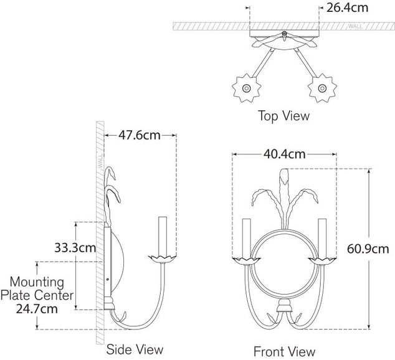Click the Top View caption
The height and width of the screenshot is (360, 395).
(283, 116)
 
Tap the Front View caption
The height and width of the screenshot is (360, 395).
(284, 351)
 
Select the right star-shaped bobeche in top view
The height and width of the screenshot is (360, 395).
(323, 89)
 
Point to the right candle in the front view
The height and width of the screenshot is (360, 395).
(323, 237)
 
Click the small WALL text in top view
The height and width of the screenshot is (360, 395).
(355, 26)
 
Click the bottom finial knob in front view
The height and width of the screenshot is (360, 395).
(283, 306)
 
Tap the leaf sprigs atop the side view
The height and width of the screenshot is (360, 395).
(112, 187)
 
